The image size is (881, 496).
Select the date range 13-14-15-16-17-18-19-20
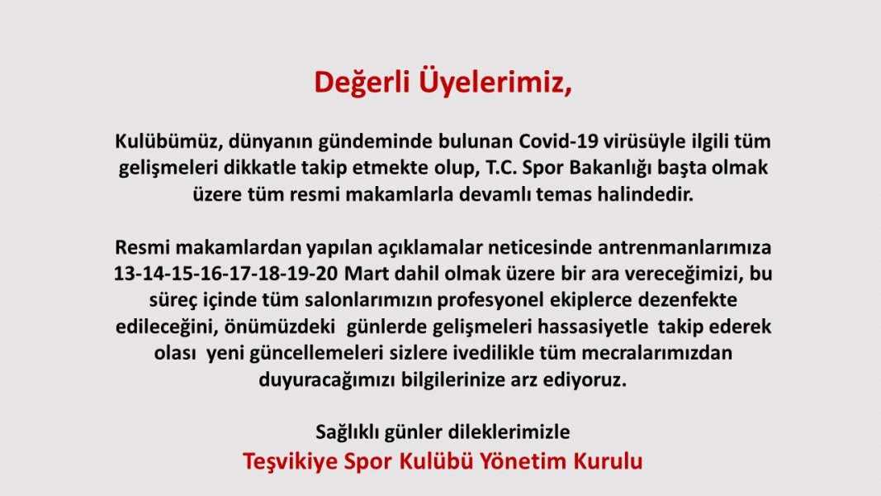click(226, 274)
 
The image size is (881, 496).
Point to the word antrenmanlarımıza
click(684, 247)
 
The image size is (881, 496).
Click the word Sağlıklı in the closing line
click(347, 432)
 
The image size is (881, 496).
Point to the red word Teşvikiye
click(290, 462)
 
